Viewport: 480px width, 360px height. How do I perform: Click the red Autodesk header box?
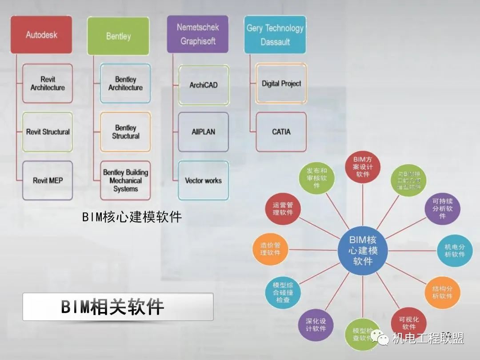click(41, 35)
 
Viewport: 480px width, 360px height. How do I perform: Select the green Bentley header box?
click(118, 36)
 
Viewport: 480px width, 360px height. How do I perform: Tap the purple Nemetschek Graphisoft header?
click(197, 34)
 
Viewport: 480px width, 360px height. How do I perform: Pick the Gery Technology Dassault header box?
click(275, 35)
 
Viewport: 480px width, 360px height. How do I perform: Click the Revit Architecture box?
click(48, 84)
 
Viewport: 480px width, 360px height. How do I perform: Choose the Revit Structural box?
click(48, 132)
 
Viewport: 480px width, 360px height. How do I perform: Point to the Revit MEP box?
click(48, 180)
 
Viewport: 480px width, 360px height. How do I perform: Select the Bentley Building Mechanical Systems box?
click(125, 180)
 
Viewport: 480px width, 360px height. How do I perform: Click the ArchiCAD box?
click(204, 84)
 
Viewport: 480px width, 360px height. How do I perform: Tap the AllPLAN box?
click(204, 132)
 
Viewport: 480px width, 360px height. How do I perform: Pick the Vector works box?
click(204, 180)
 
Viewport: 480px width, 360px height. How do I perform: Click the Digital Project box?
click(281, 84)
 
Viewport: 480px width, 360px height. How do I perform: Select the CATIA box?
click(281, 132)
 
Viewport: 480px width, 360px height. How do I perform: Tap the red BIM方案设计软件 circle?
click(363, 167)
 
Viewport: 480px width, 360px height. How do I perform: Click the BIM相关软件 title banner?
click(118, 307)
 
